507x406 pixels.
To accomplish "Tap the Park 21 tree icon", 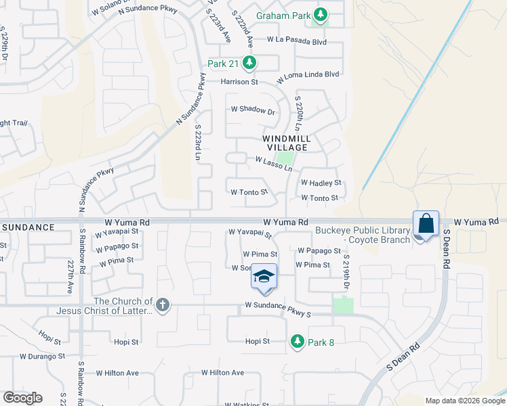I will (249, 64).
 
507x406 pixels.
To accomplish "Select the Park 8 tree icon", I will (297, 342).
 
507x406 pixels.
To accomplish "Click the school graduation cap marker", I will (264, 277).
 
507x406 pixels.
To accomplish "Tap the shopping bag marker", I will (426, 224).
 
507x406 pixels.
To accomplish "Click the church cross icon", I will (161, 305).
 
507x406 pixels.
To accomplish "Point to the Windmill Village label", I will (287, 143).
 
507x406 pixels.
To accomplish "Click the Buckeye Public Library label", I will (363, 235).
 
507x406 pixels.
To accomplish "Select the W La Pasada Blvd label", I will (297, 41).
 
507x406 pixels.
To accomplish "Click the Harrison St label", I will (240, 82).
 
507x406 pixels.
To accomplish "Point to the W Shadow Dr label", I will (253, 110).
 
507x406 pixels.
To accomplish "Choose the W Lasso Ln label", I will (273, 163).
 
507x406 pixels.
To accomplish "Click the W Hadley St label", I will (321, 183).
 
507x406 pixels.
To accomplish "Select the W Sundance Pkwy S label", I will (278, 314).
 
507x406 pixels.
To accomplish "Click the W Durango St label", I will (42, 355).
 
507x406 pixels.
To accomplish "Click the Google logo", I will (22, 398).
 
